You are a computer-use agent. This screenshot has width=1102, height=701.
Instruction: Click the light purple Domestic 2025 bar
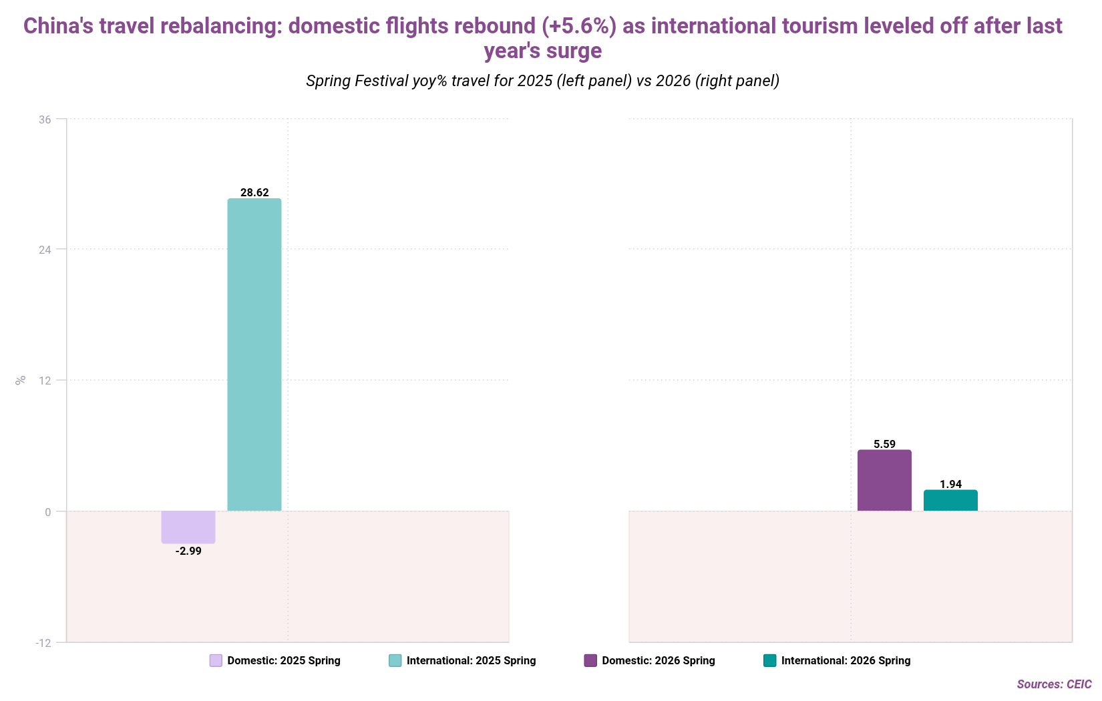pyautogui.click(x=188, y=527)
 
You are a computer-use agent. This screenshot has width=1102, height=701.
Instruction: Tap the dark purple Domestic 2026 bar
pyautogui.click(x=884, y=481)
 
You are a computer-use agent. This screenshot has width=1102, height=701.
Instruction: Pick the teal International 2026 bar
pyautogui.click(x=950, y=501)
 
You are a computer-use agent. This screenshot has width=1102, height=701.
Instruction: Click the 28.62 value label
pyautogui.click(x=254, y=193)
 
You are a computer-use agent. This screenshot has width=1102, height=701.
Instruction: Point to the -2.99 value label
pyautogui.click(x=188, y=551)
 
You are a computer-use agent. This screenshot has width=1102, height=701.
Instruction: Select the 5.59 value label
pyautogui.click(x=884, y=444)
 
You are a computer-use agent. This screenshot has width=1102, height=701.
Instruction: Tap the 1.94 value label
pyautogui.click(x=950, y=484)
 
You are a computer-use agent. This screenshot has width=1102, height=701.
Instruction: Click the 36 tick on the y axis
pyautogui.click(x=45, y=120)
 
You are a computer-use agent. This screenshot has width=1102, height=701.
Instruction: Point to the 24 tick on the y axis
pyautogui.click(x=45, y=250)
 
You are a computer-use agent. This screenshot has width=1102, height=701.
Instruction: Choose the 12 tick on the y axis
pyautogui.click(x=45, y=381)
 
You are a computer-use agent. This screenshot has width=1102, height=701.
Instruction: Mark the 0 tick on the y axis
pyautogui.click(x=48, y=512)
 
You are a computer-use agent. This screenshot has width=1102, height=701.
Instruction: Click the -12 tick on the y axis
pyautogui.click(x=43, y=643)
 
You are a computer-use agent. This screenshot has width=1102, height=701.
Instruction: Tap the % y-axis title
pyautogui.click(x=21, y=381)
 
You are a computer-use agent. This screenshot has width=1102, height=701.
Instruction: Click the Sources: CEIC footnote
pyautogui.click(x=1054, y=684)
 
